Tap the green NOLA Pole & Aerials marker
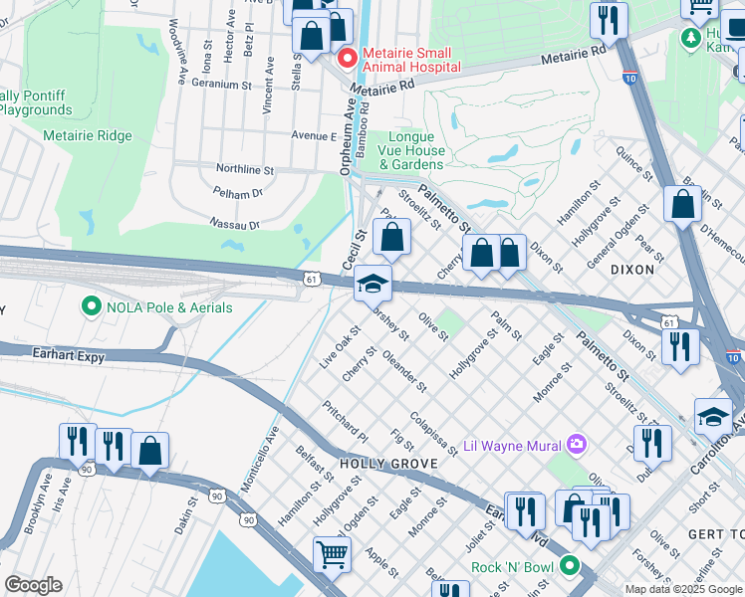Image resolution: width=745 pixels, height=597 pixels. [93, 307]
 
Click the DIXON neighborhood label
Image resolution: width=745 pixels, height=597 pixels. [632, 269]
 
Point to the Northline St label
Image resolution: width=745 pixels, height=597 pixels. [240, 170]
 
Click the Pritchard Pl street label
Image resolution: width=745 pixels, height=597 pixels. [345, 422]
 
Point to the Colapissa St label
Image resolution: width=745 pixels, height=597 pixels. [432, 434]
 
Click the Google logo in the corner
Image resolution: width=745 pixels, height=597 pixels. [33, 585]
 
